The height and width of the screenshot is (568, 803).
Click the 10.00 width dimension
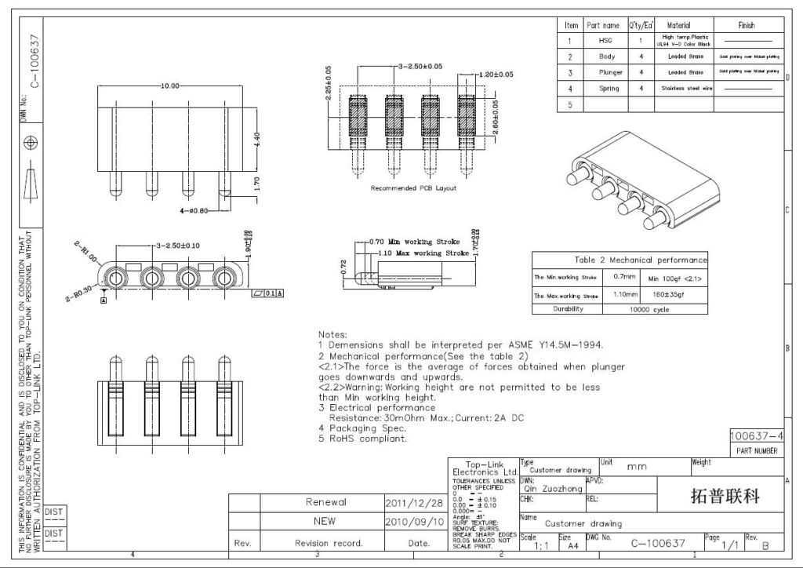[170, 86]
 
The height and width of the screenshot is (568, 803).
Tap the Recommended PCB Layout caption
[413, 188]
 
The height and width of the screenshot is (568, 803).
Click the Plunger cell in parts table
[607, 72]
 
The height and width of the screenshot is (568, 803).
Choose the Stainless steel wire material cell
[685, 89]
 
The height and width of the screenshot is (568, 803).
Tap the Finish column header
[747, 25]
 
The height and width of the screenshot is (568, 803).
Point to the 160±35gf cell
[663, 296]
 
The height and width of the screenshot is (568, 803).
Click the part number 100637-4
[756, 436]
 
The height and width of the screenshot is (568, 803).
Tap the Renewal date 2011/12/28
[414, 502]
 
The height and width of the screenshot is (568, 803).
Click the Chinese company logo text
[724, 497]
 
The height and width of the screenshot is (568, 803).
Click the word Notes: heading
[332, 334]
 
